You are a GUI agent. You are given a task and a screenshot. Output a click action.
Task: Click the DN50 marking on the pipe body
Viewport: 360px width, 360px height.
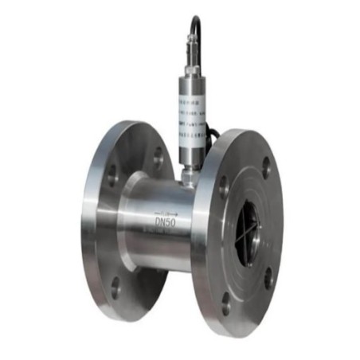165,216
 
